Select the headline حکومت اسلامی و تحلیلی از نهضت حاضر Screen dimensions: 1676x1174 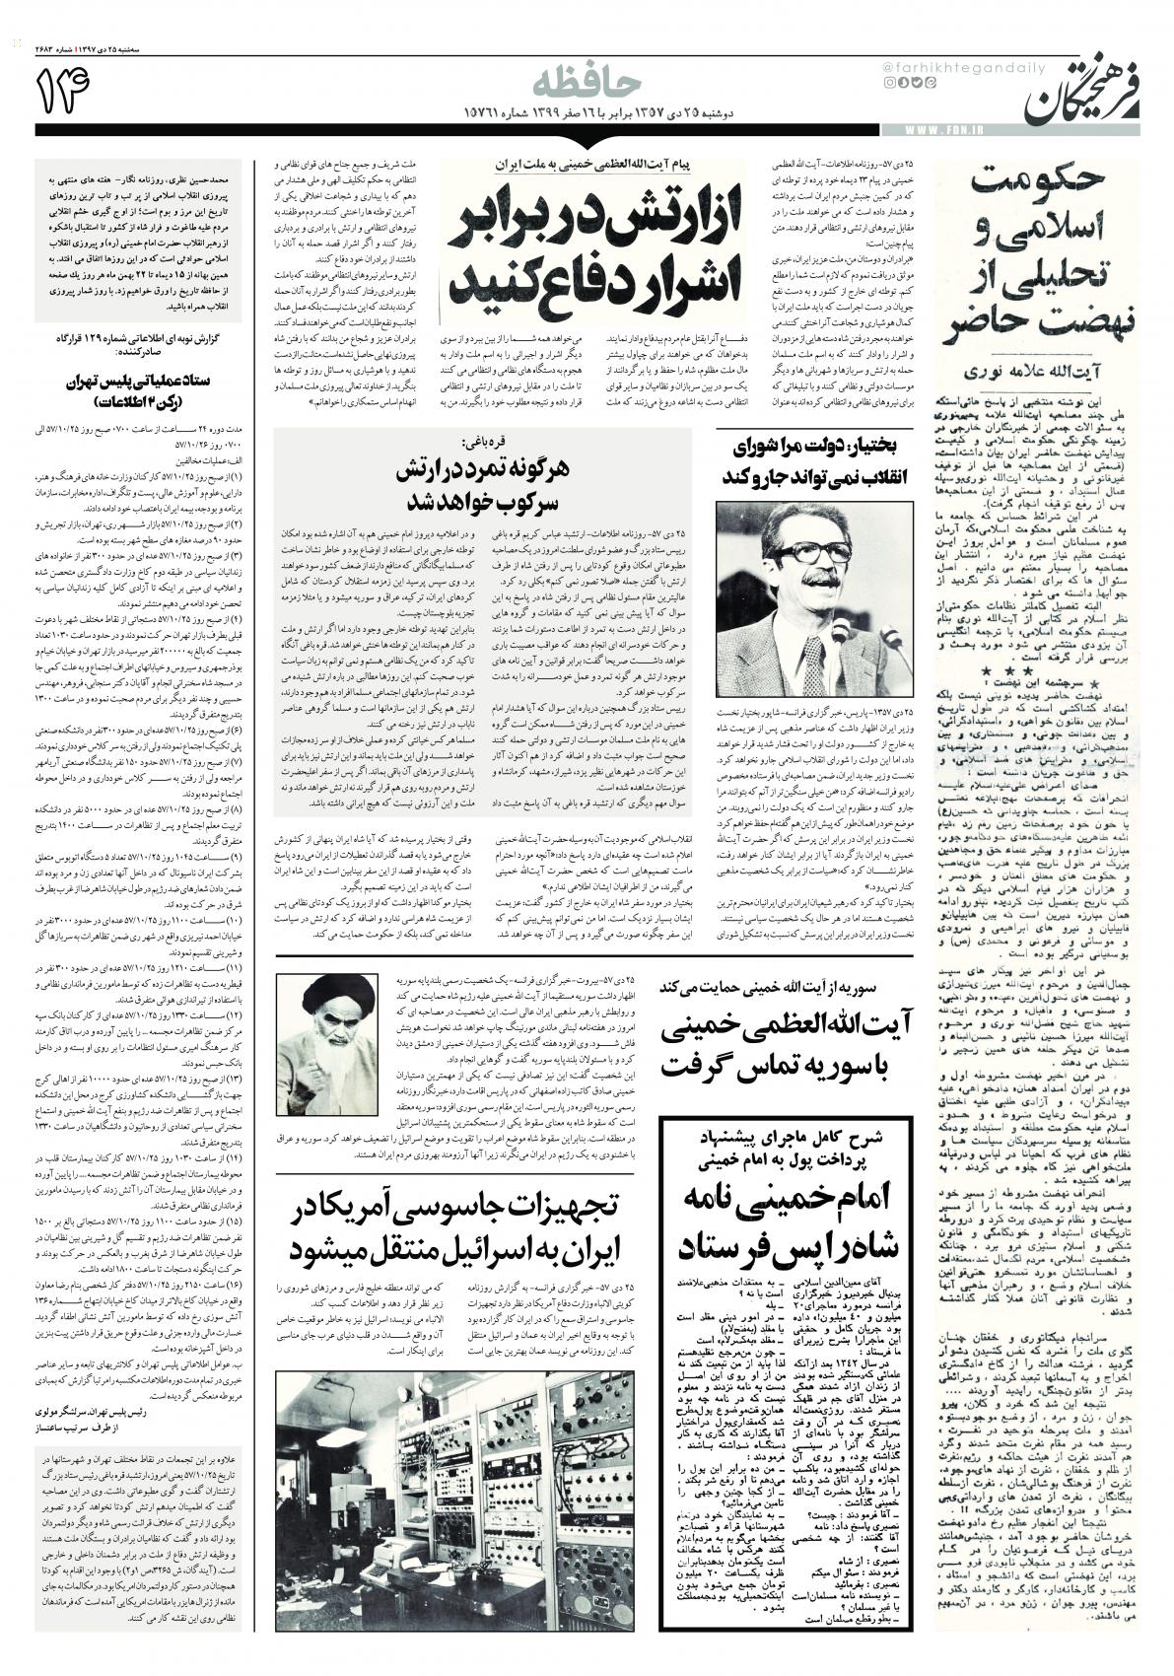[1042, 253]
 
